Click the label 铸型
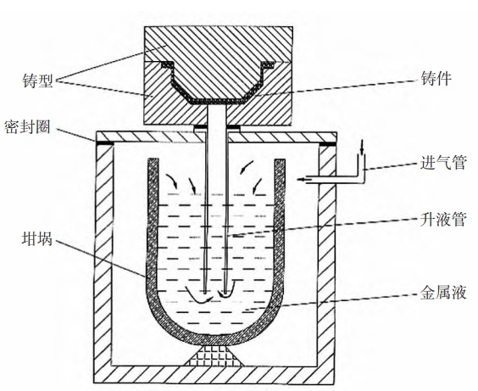(x=38, y=81)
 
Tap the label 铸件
(x=436, y=79)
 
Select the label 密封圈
(x=27, y=127)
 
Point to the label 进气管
(x=443, y=162)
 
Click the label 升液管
(x=443, y=219)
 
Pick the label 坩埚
(x=37, y=239)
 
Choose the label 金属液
(x=443, y=293)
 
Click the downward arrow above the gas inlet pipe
(x=362, y=148)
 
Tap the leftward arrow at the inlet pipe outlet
(x=304, y=179)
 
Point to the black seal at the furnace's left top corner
(x=104, y=143)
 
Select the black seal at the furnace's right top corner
(x=328, y=143)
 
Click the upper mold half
(x=219, y=58)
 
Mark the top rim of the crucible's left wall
(x=153, y=159)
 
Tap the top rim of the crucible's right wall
(x=280, y=160)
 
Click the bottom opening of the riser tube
(x=215, y=293)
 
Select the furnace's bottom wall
(x=215, y=375)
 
